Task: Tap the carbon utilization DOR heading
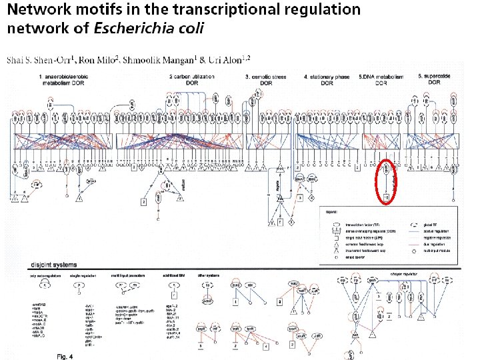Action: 192,79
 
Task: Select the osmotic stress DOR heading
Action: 266,79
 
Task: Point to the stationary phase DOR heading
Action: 327,79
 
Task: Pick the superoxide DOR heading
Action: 433,79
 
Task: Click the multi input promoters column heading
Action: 133,275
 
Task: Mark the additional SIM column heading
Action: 172,275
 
